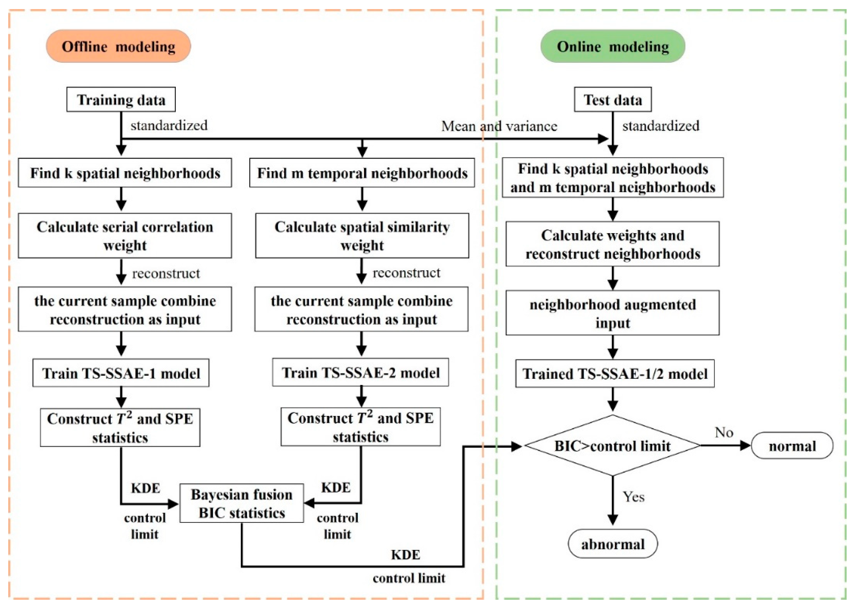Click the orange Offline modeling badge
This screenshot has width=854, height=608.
coord(118,46)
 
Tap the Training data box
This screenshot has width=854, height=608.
coord(121,100)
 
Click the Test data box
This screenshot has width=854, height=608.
coord(613,100)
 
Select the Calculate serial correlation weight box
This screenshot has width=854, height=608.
coord(125,236)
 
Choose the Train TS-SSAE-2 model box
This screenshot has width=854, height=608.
coord(360,373)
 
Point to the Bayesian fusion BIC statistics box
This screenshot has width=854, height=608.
coord(241,503)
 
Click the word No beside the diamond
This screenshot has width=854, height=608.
coord(723,433)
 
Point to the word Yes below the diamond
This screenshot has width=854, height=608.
coord(633,497)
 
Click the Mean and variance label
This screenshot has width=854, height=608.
coord(499,126)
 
